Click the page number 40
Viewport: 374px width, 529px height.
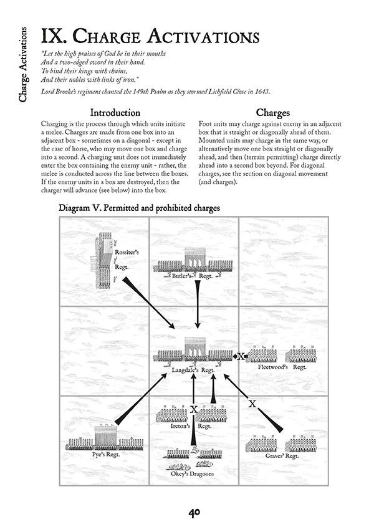pos(194,512)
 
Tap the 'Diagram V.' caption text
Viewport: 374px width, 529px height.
pos(138,208)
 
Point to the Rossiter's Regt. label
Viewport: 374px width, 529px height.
pos(126,258)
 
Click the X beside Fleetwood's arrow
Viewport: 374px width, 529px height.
pos(241,356)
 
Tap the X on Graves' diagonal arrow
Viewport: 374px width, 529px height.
pos(252,404)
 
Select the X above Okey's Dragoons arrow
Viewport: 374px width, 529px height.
pos(194,409)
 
